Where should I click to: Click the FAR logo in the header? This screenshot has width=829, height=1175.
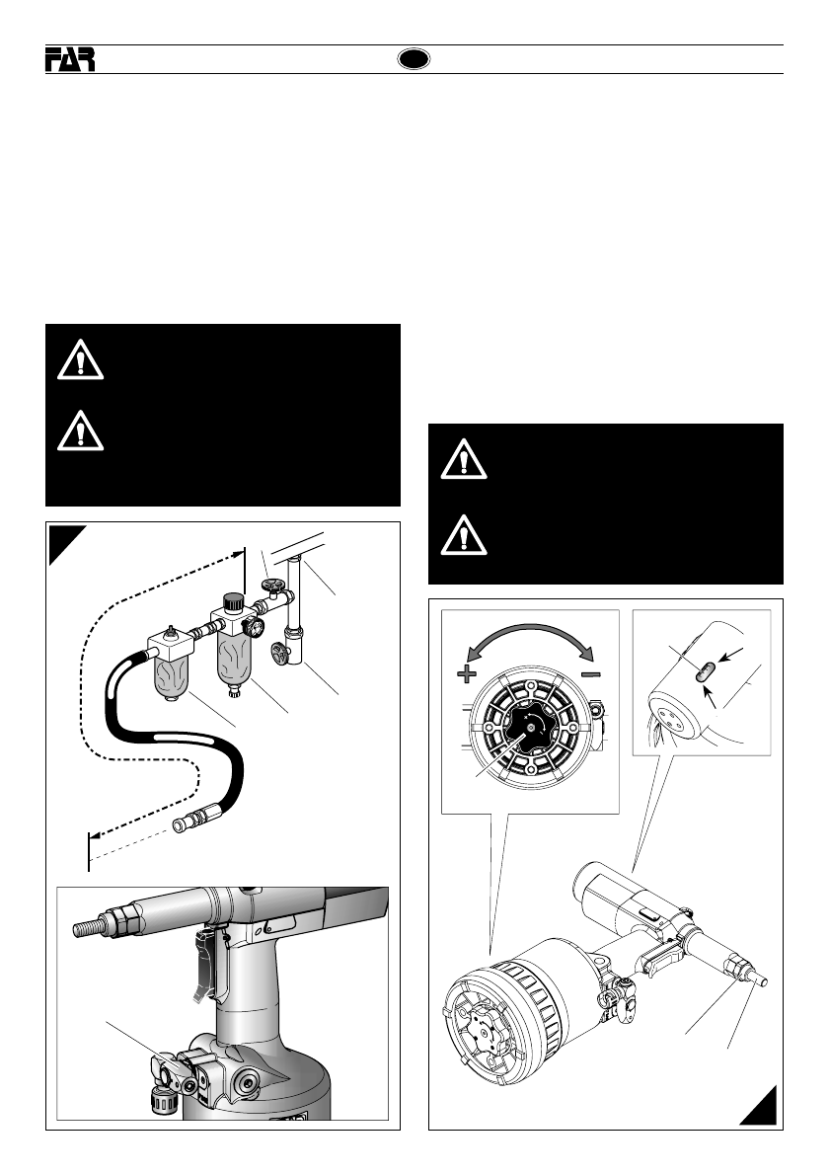(70, 60)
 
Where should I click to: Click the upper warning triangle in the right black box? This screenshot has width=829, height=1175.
(464, 461)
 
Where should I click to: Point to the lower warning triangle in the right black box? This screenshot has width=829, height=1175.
(464, 536)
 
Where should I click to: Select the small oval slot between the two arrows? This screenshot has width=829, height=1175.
(704, 671)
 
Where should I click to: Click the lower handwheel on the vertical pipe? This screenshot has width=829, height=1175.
(281, 653)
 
